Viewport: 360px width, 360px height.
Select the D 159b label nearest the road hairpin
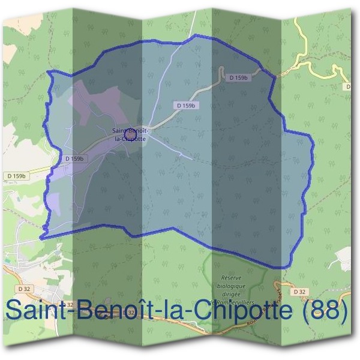click(x=238, y=78)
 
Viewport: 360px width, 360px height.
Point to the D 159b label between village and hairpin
click(x=187, y=105)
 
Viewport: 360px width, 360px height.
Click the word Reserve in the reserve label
click(x=231, y=278)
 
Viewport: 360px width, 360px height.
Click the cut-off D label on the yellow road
click(x=348, y=87)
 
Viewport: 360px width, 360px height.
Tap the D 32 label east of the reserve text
click(x=300, y=292)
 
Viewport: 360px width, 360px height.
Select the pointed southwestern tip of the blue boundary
click(x=41, y=238)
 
